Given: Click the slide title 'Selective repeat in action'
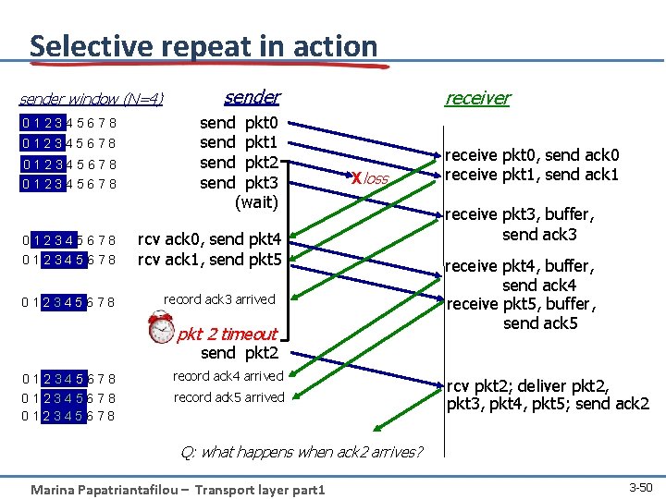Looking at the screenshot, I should pos(203,45).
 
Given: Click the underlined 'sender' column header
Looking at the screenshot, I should pos(252,97).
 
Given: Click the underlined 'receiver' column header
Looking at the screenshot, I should pos(477,98).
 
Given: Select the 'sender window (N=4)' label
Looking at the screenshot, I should pos(92,99).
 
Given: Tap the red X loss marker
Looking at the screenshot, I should pos(355,178).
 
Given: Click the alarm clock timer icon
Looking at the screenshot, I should pos(161,328).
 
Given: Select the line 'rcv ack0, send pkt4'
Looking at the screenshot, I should pos(209,240).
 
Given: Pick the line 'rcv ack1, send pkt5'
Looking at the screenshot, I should pos(209,260).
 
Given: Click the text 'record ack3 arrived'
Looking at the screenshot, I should pos(219,299).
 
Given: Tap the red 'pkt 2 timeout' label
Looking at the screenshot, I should pos(228,334).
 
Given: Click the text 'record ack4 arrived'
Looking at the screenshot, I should pos(228,376).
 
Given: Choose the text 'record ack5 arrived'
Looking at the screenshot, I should pos(228,397).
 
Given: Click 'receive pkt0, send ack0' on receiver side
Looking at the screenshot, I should pos(533,155).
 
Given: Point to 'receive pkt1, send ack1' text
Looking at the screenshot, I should pos(533,175).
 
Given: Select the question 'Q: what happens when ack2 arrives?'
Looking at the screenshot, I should pos(302,452).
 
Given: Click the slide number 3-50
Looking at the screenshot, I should pos(640,487).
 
